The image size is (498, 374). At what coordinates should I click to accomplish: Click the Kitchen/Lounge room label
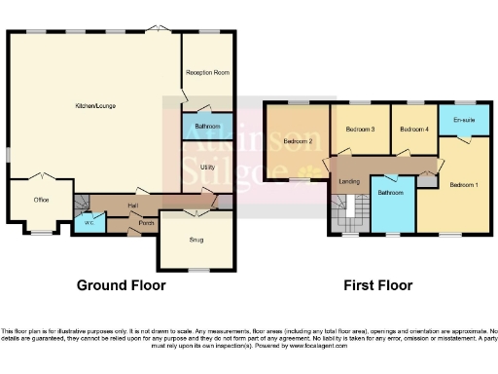pyautogui.click(x=94, y=105)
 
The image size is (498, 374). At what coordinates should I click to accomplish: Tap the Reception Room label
pyautogui.click(x=208, y=72)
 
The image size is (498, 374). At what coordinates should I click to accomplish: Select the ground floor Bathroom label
pyautogui.click(x=207, y=127)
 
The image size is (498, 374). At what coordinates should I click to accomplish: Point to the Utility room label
pyautogui.click(x=207, y=168)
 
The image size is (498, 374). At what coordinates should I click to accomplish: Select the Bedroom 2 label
pyautogui.click(x=297, y=142)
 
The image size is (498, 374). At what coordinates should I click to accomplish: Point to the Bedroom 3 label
pyautogui.click(x=359, y=129)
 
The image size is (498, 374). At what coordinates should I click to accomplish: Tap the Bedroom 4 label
pyautogui.click(x=413, y=129)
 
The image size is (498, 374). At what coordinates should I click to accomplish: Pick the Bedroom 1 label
pyautogui.click(x=464, y=184)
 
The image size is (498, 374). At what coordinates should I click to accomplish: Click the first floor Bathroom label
pyautogui.click(x=391, y=193)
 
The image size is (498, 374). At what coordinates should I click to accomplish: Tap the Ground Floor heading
pyautogui.click(x=121, y=285)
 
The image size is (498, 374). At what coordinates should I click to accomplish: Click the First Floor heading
pyautogui.click(x=377, y=285)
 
